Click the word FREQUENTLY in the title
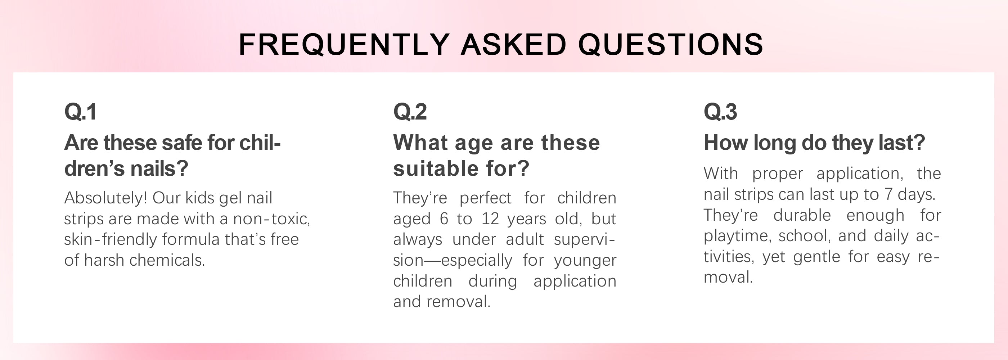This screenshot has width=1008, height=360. click(345, 44)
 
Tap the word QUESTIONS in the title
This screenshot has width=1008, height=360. click(670, 44)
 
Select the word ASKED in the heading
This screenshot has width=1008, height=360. click(514, 44)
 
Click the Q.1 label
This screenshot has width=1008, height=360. click(80, 112)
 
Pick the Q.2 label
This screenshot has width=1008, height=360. click(410, 112)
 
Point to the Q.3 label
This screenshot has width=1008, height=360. click(720, 112)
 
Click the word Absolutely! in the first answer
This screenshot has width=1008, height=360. click(105, 198)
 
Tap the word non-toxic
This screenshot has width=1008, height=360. click(271, 219)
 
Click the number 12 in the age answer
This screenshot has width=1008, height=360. click(490, 219)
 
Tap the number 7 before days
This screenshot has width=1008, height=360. click(888, 194)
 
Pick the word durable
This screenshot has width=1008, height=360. click(802, 215)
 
